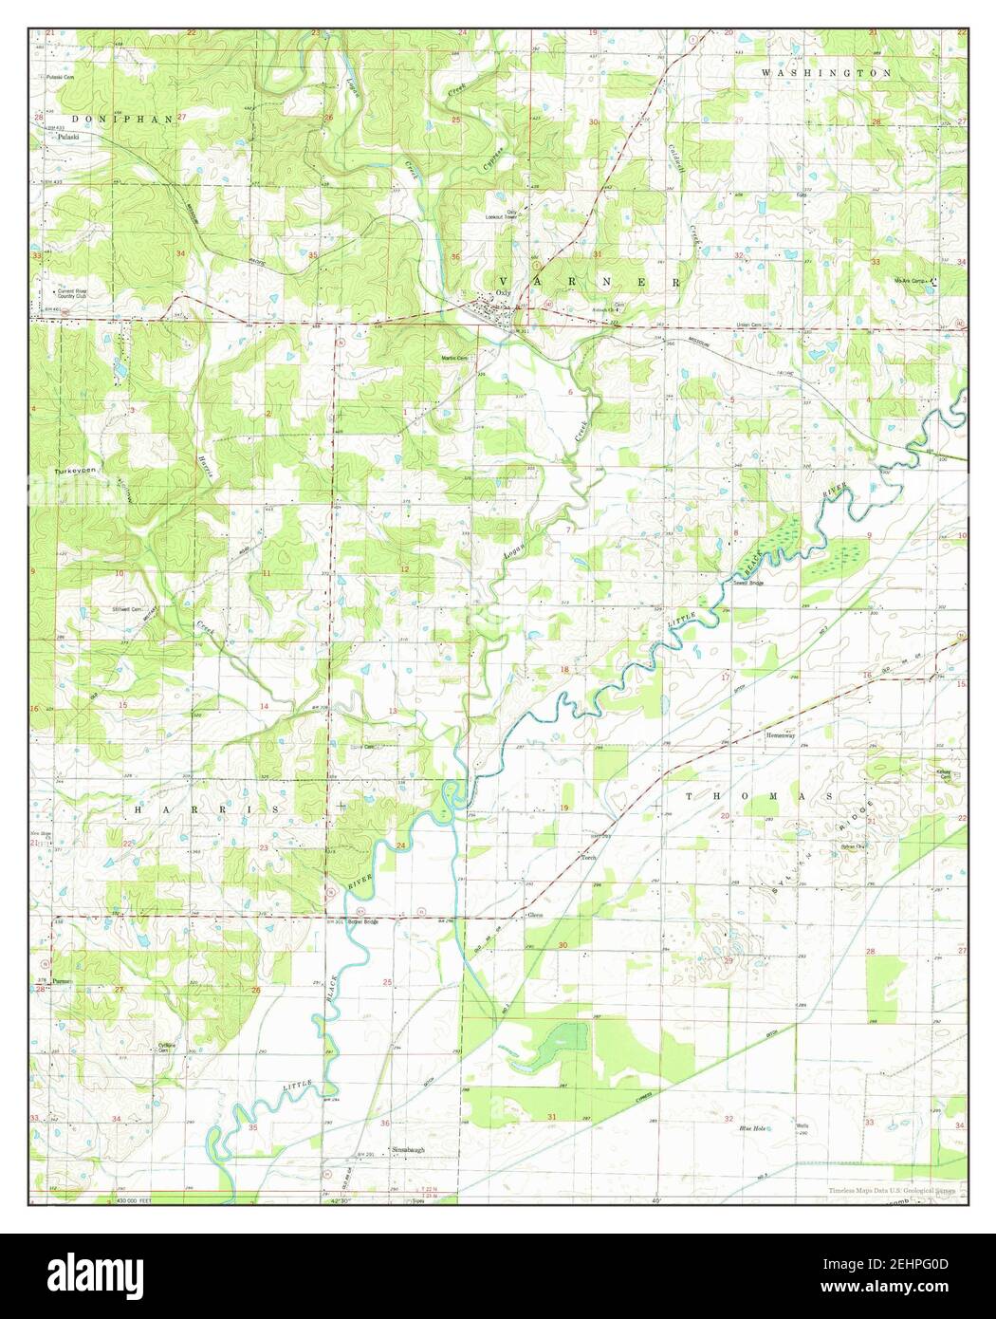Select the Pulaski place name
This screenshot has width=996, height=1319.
[66, 137]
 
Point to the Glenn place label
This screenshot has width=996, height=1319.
[535, 916]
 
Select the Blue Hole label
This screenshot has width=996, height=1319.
[752, 1128]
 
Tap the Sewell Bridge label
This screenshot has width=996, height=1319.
[748, 584]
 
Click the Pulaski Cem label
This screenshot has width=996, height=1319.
[62, 75]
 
